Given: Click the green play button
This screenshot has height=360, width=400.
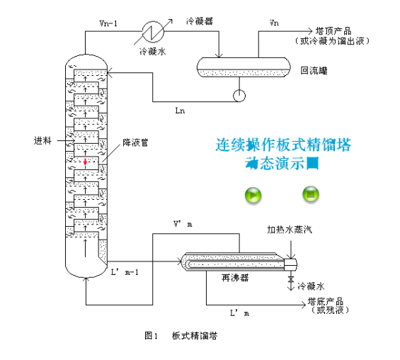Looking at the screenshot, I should click(253, 194).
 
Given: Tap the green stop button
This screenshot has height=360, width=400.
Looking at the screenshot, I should click(311, 193).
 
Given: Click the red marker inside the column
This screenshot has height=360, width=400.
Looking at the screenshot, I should click(86, 162).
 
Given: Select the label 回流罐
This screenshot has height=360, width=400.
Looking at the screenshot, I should click(312, 71).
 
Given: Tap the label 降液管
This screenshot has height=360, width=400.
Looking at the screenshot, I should click(133, 142).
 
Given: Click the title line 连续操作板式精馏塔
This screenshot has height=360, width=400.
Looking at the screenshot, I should click(284, 146).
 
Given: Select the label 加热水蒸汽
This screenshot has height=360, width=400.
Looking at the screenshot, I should click(288, 230).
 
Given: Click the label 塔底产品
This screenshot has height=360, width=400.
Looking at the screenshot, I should click(325, 301).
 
